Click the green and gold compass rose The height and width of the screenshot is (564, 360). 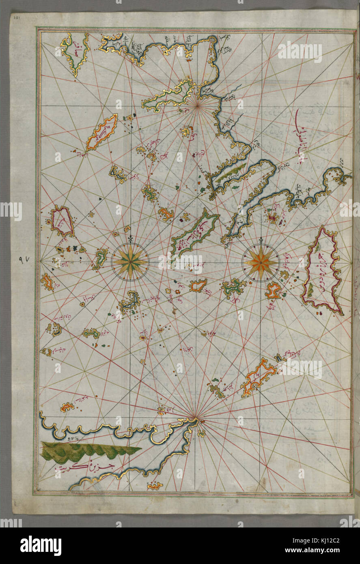(x=130, y=262)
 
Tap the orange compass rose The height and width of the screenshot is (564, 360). (x=260, y=262)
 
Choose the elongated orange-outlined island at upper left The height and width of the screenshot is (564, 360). (x=101, y=132)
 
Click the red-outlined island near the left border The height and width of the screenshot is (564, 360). (x=62, y=221)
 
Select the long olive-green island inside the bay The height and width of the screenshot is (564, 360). (x=229, y=172)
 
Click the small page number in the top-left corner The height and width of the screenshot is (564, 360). (x=16, y=18)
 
